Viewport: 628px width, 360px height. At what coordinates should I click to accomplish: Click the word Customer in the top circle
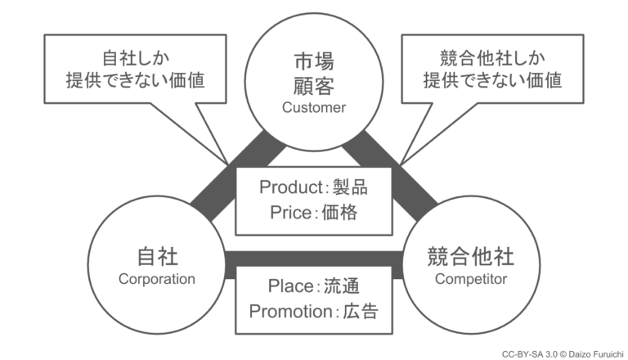pos(314,107)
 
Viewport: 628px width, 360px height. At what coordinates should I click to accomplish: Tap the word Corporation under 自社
pos(157,279)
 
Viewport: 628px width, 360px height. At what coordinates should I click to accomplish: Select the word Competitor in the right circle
pos(471,279)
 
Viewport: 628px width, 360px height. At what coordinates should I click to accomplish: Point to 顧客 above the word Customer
pos(314,85)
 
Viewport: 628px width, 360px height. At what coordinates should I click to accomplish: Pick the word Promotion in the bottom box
pos(284,312)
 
